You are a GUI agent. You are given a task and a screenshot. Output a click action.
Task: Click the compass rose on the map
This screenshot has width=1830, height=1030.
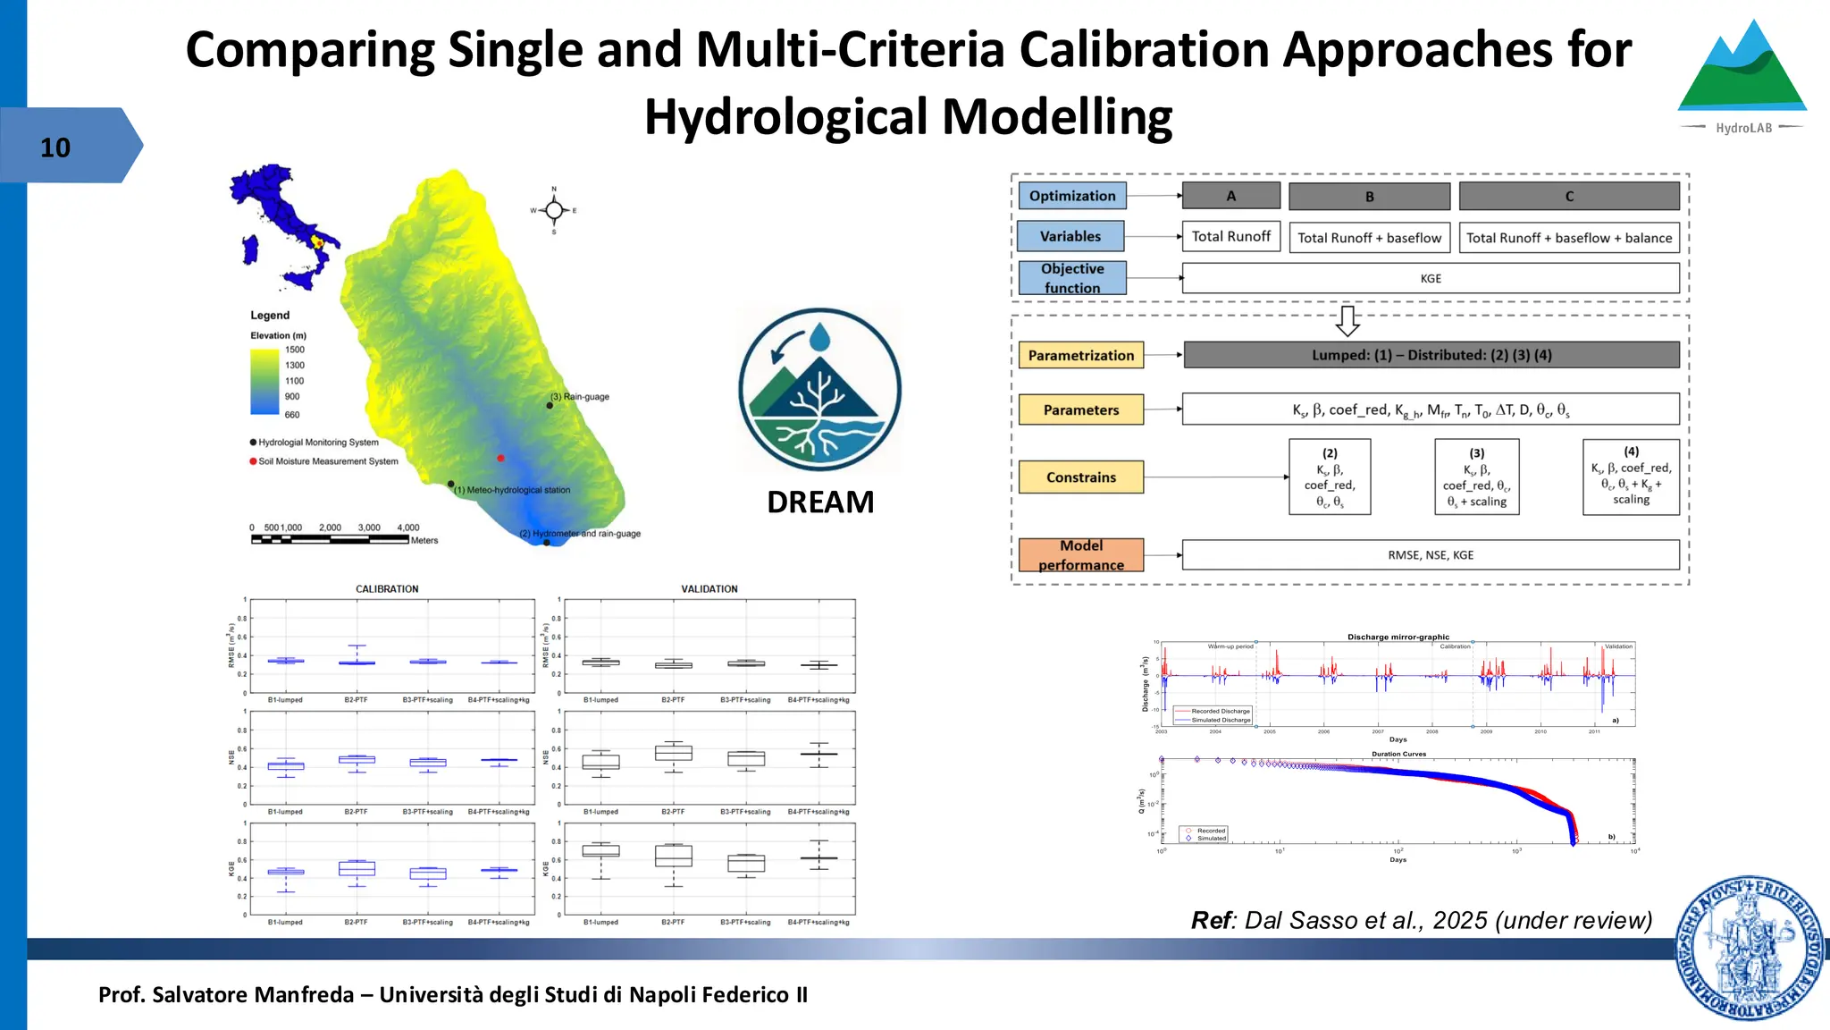[x=554, y=211]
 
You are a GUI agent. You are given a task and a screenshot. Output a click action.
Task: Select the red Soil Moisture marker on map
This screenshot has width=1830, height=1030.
[x=500, y=458]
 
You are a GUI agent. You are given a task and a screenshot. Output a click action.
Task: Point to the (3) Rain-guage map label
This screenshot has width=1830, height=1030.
[x=580, y=396]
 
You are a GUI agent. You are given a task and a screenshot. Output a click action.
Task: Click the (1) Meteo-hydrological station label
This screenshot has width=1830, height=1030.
[x=512, y=490]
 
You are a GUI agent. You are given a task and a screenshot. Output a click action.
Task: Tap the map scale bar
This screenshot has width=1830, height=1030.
[x=331, y=539]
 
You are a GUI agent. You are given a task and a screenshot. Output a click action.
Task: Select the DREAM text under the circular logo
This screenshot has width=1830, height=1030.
[x=820, y=502]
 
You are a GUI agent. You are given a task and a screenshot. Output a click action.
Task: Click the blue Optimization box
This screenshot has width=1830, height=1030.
[x=1072, y=196]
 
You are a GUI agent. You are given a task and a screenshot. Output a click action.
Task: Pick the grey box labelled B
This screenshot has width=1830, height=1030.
[x=1369, y=197]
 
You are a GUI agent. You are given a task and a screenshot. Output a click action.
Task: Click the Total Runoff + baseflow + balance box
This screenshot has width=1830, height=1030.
[x=1569, y=238]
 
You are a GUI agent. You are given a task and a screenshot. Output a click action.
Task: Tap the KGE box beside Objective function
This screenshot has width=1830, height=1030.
[x=1431, y=278]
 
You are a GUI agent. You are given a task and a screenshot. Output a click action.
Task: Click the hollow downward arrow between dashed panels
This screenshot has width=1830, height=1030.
[x=1347, y=320]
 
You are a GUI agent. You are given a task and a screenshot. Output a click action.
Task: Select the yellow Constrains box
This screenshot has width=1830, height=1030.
[x=1081, y=477]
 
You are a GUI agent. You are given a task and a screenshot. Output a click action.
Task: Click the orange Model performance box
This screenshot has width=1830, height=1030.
[x=1081, y=555]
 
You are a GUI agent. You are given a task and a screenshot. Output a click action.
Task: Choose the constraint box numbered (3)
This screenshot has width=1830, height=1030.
[x=1476, y=477]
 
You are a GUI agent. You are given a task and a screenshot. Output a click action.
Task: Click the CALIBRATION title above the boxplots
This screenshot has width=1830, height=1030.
[x=387, y=589]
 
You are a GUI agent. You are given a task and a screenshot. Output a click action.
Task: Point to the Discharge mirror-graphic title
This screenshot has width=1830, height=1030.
[x=1398, y=637]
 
